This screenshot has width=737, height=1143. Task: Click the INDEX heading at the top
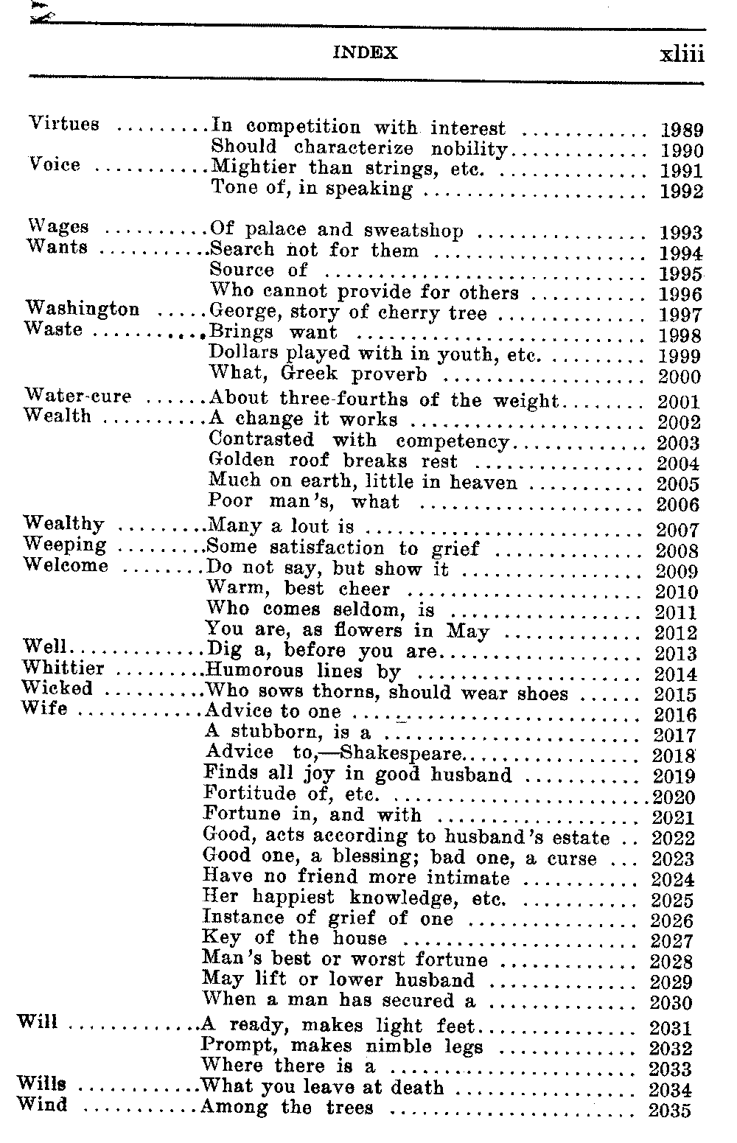click(x=365, y=53)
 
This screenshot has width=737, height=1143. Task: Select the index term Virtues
click(x=64, y=124)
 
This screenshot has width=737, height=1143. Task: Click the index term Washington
click(x=83, y=309)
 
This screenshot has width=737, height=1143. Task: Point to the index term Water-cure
click(x=78, y=396)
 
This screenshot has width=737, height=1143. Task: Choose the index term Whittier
click(x=63, y=668)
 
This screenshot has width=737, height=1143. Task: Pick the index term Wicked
click(x=57, y=688)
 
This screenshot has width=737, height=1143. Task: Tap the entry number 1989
click(x=682, y=130)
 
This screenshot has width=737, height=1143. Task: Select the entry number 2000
click(x=679, y=377)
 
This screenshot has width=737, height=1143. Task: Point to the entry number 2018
click(x=674, y=755)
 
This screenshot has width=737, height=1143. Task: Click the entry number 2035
click(x=670, y=1110)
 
